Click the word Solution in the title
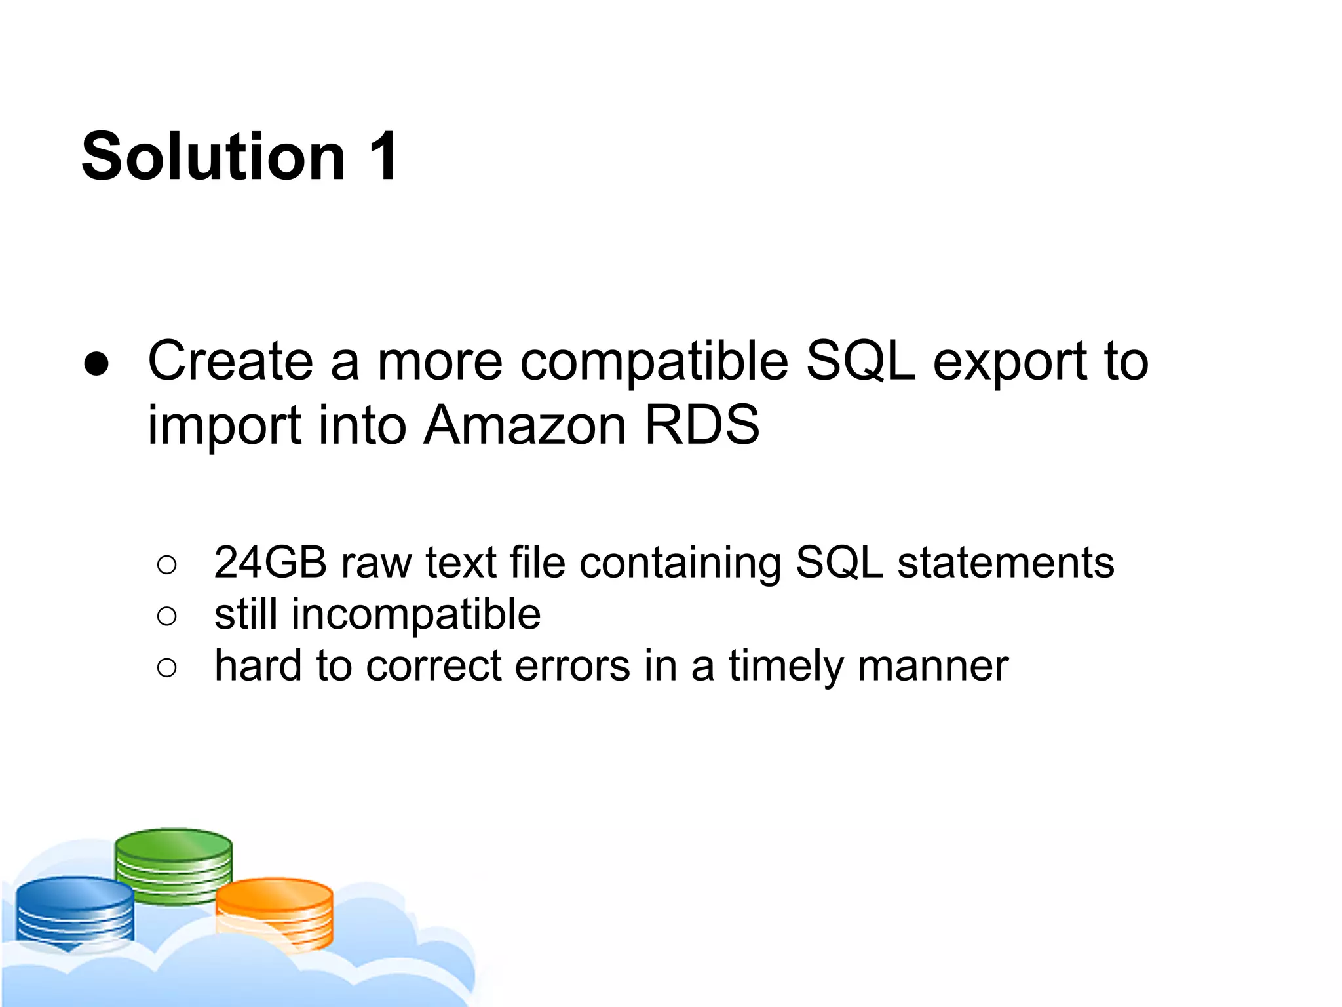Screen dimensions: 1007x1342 pos(213,157)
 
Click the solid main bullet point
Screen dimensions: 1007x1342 pos(96,364)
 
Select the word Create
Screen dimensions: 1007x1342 pos(230,361)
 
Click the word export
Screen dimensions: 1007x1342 pos(1009,363)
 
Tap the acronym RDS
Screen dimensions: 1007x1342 pos(702,425)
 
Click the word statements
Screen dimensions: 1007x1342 pos(1005,563)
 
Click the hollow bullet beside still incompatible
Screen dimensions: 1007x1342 pos(167,616)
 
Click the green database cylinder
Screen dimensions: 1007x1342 pos(174,865)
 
